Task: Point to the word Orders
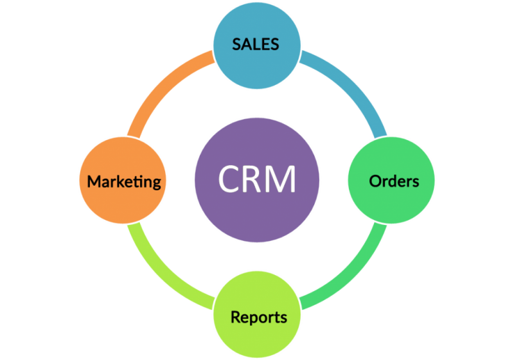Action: pyautogui.click(x=394, y=181)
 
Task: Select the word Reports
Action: pyautogui.click(x=258, y=318)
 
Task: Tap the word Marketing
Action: pyautogui.click(x=124, y=182)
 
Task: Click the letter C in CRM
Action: pyautogui.click(x=229, y=179)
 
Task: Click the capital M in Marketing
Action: pyautogui.click(x=94, y=182)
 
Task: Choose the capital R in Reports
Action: pyautogui.click(x=236, y=318)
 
